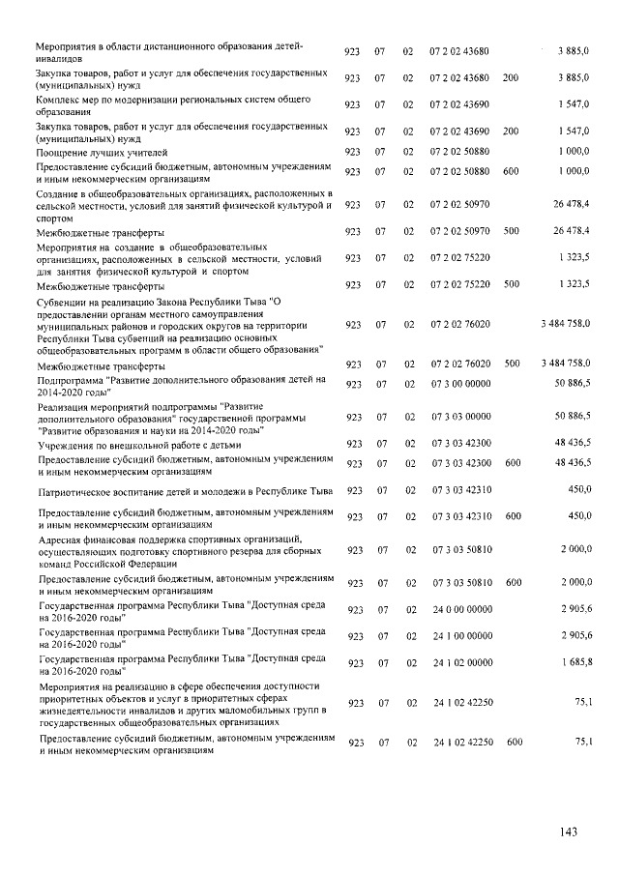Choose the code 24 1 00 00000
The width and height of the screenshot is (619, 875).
click(x=461, y=636)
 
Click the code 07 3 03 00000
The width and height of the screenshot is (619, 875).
click(x=460, y=416)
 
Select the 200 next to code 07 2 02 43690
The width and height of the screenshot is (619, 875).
click(x=511, y=131)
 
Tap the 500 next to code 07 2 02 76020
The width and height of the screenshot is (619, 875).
click(x=512, y=365)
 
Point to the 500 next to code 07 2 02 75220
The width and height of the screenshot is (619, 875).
click(x=512, y=284)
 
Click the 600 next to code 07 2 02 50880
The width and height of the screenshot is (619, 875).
click(x=512, y=171)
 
